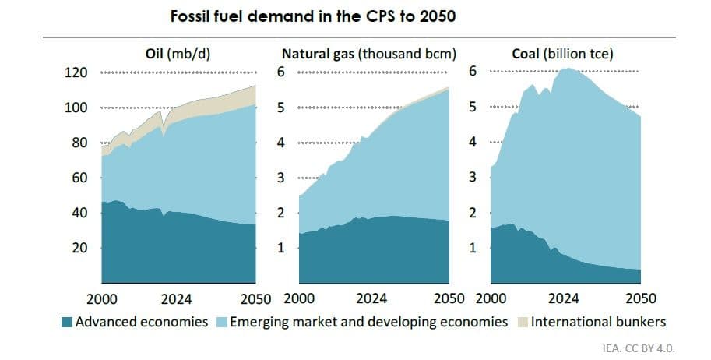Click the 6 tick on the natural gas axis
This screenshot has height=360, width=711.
(x=283, y=72)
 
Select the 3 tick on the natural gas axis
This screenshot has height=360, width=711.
(x=283, y=178)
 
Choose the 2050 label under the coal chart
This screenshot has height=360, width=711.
(x=641, y=298)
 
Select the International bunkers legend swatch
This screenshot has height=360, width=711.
(x=520, y=322)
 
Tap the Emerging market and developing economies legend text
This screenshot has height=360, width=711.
(x=369, y=322)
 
